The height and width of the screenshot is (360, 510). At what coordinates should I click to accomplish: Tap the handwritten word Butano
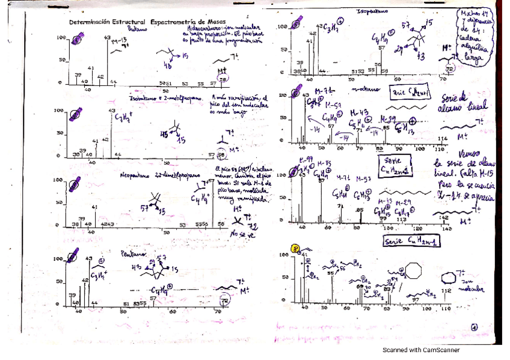click(x=137, y=29)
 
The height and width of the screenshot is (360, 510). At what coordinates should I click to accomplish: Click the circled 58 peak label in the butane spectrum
click(x=223, y=79)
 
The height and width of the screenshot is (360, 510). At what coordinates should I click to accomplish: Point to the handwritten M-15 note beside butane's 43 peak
click(x=121, y=40)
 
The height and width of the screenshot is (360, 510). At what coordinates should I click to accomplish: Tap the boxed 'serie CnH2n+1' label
click(x=407, y=93)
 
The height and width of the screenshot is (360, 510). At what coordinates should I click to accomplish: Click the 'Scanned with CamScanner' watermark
click(x=421, y=350)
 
